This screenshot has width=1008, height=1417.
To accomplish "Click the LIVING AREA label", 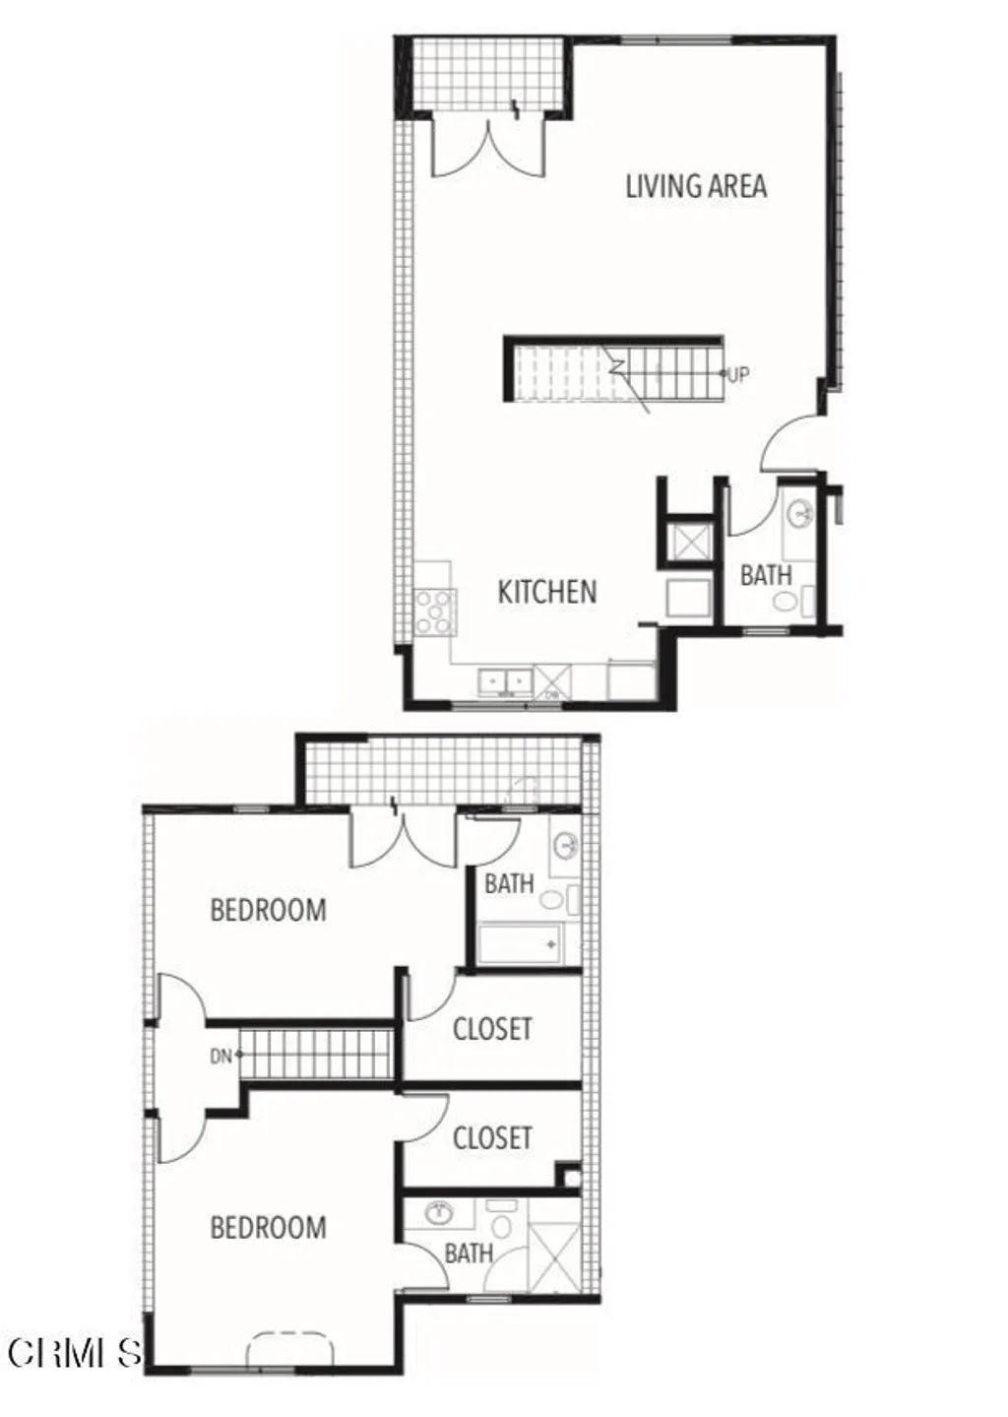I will click(696, 186).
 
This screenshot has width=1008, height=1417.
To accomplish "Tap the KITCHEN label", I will click(546, 592).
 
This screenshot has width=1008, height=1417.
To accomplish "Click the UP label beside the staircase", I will click(737, 374).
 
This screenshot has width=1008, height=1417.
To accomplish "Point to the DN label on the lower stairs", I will click(220, 1057).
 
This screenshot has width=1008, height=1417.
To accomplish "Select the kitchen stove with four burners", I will click(434, 612).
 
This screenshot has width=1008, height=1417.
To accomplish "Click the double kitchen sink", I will click(505, 681).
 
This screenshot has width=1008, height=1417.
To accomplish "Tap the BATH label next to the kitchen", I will click(765, 575).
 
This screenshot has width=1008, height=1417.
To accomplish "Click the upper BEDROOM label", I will click(268, 910).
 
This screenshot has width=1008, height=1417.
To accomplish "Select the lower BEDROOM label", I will click(268, 1228).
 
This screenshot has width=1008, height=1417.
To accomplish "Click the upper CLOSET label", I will click(492, 1030).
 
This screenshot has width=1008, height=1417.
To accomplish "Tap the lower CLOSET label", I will click(492, 1138).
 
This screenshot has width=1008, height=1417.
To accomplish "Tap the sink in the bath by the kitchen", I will click(800, 513).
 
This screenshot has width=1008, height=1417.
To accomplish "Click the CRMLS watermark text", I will click(74, 1353).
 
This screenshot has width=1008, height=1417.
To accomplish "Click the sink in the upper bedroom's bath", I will click(566, 845).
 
